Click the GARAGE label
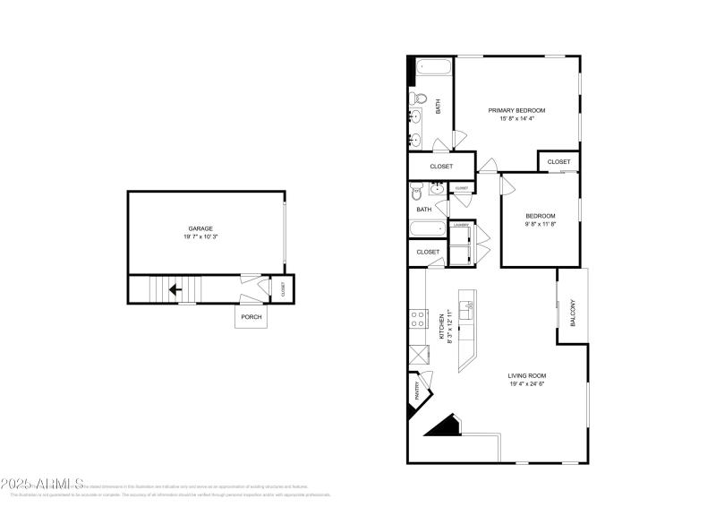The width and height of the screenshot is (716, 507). [x=200, y=228]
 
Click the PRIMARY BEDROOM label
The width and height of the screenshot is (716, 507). [x=516, y=110]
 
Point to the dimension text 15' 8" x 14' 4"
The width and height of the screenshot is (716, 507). [x=516, y=119]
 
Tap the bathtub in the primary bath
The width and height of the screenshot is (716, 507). [x=429, y=68]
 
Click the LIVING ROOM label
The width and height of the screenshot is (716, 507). [x=527, y=375]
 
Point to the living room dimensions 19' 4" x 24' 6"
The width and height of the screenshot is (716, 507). [x=527, y=384]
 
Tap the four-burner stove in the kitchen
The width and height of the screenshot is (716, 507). [x=418, y=318]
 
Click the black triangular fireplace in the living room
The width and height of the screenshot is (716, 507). [x=443, y=425]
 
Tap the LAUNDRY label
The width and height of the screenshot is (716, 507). [x=461, y=225]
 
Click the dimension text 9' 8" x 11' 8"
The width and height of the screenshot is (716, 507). [x=541, y=225]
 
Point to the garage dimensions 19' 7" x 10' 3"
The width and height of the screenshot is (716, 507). [x=200, y=237]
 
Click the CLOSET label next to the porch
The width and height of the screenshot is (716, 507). [x=283, y=289]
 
